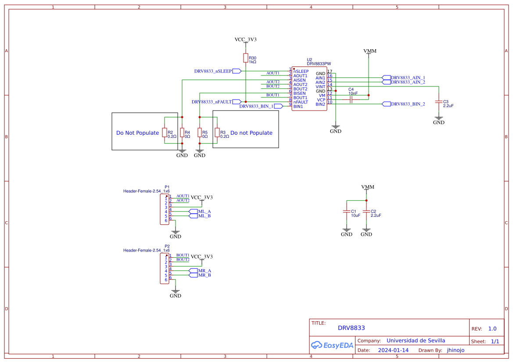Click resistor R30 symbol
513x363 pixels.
[x=246, y=58]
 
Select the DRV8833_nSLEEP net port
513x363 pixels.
[x=237, y=71]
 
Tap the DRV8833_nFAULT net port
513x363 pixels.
[x=237, y=102]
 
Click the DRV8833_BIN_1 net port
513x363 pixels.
[x=278, y=106]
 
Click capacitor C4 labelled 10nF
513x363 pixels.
[x=351, y=100]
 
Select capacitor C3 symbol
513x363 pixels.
[x=438, y=102]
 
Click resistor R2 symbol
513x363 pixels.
[x=165, y=133]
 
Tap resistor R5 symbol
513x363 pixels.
[x=200, y=133]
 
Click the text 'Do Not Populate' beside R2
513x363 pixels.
[x=137, y=133]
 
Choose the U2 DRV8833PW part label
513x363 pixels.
[x=319, y=64]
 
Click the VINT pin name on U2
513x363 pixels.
[x=320, y=87]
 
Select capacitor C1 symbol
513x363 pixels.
[x=347, y=212]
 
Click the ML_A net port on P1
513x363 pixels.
[x=193, y=212]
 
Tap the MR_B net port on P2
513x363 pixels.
[x=193, y=275]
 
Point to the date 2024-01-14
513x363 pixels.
[x=393, y=350]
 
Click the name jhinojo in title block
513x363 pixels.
[x=456, y=350]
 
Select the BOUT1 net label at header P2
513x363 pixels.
[x=183, y=255]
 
